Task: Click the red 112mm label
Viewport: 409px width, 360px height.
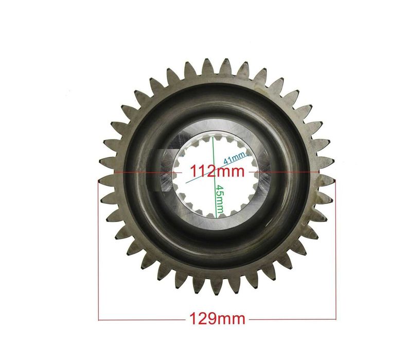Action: (217, 170)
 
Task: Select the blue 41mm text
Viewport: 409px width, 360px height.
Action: (234, 156)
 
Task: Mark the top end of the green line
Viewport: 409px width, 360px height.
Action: (212, 135)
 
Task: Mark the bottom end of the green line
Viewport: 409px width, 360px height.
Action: (213, 217)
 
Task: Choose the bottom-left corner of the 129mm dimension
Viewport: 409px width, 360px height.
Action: (98, 320)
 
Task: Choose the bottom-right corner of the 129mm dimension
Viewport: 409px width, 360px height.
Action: (335, 320)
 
